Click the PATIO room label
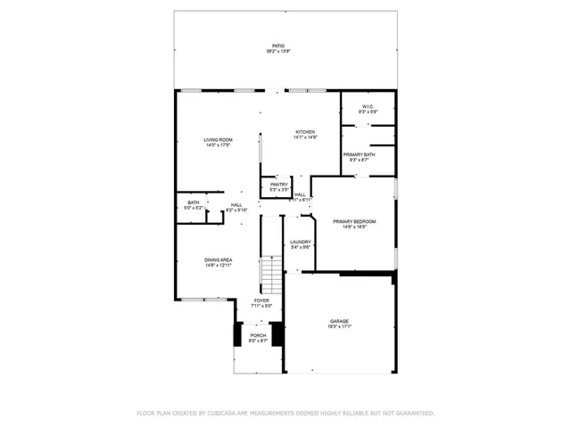point(278,45)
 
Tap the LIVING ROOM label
point(218,140)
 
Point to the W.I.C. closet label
point(367,107)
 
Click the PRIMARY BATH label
point(359,154)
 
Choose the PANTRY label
point(279,185)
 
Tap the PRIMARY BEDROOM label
point(354,221)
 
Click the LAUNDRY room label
point(300,242)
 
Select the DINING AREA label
point(219,259)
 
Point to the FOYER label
point(261,300)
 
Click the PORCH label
point(258,335)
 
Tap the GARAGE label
point(339,321)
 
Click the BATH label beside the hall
point(193,202)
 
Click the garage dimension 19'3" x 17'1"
point(339,326)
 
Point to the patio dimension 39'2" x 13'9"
point(278,52)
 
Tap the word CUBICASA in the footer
point(226,414)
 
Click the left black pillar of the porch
point(237,334)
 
